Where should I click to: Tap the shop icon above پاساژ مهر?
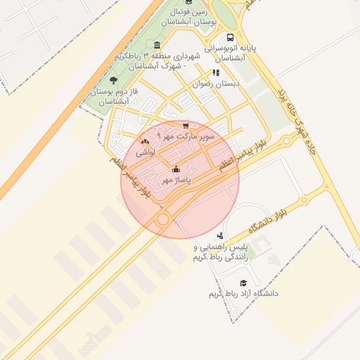click(x=176, y=169)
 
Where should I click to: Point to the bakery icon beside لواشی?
click(x=146, y=141)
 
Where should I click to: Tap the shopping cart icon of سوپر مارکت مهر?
click(x=186, y=125)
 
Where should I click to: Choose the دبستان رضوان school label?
click(x=217, y=83)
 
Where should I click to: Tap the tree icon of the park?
click(x=114, y=82)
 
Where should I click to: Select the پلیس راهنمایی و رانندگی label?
click(x=221, y=252)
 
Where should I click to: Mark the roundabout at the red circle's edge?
click(x=163, y=219)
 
